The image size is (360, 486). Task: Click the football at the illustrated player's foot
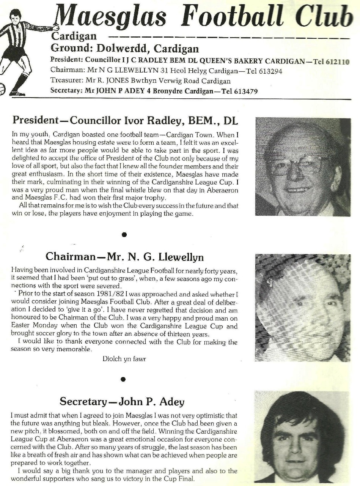[x=3, y=88]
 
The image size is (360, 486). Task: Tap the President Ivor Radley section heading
[x=125, y=120]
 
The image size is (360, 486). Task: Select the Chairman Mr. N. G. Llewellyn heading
[x=124, y=257]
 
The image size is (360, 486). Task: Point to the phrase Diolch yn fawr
[x=124, y=358]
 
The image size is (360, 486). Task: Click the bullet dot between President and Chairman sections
[x=124, y=235]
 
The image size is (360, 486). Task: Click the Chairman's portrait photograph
[x=302, y=308]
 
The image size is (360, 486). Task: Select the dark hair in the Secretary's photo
[x=300, y=410]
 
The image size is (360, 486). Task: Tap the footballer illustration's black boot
[x=17, y=92]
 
